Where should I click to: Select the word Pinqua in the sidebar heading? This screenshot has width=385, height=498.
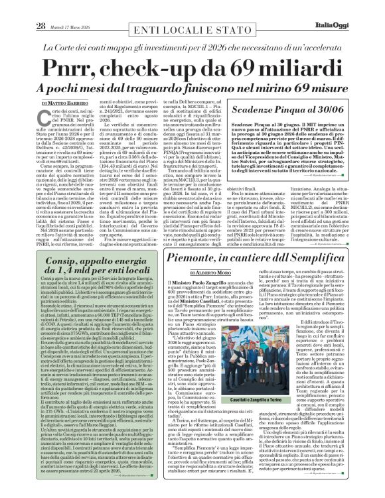point(301,110)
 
